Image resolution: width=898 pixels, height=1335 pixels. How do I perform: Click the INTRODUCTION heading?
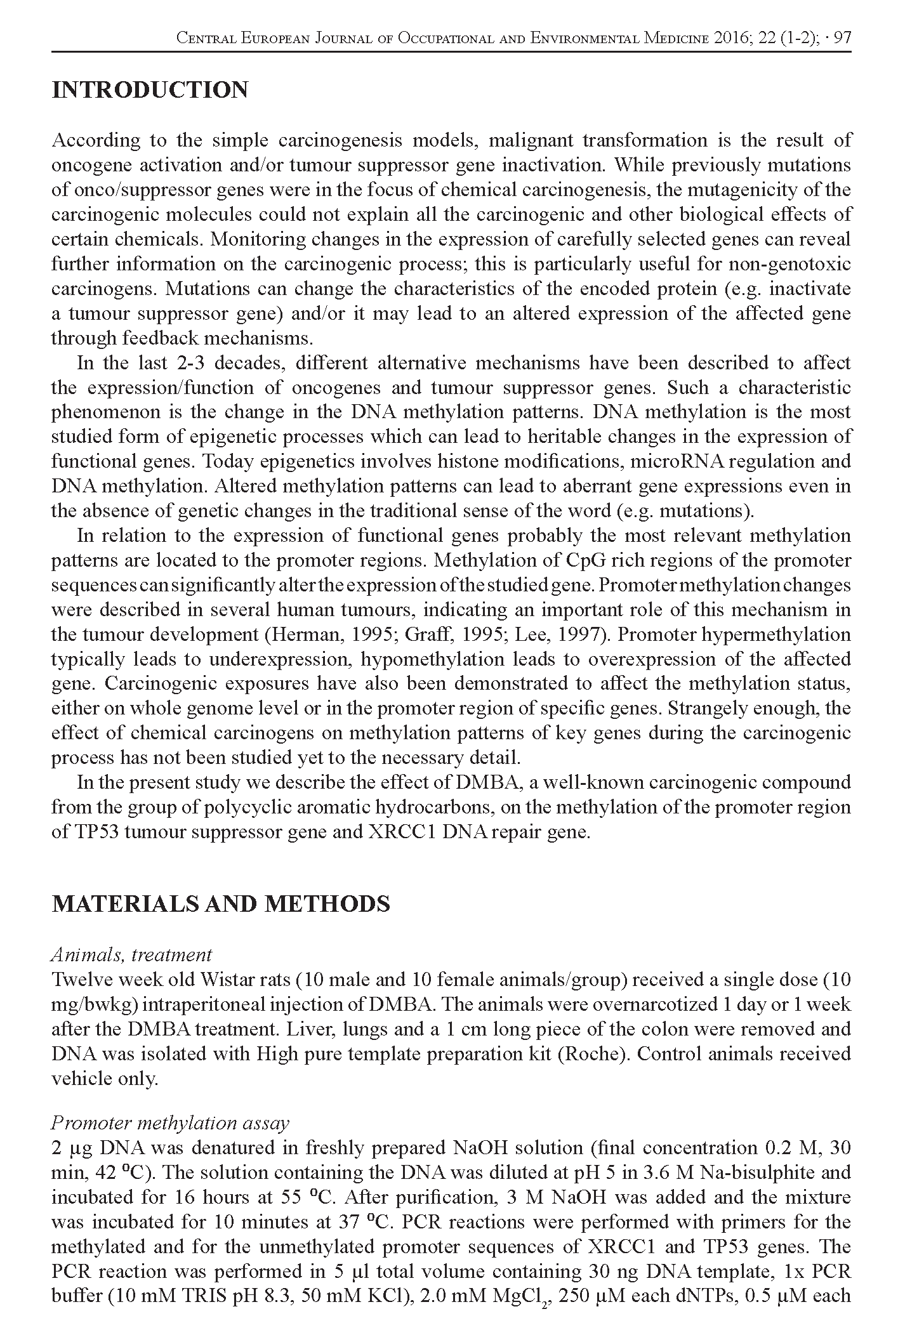click(150, 90)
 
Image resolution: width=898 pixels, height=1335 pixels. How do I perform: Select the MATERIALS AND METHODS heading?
click(220, 903)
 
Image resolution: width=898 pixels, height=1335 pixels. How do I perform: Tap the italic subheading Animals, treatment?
click(131, 954)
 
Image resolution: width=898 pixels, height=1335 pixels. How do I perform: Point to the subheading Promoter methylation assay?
click(169, 1123)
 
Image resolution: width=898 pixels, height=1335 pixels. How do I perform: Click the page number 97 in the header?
click(842, 38)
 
